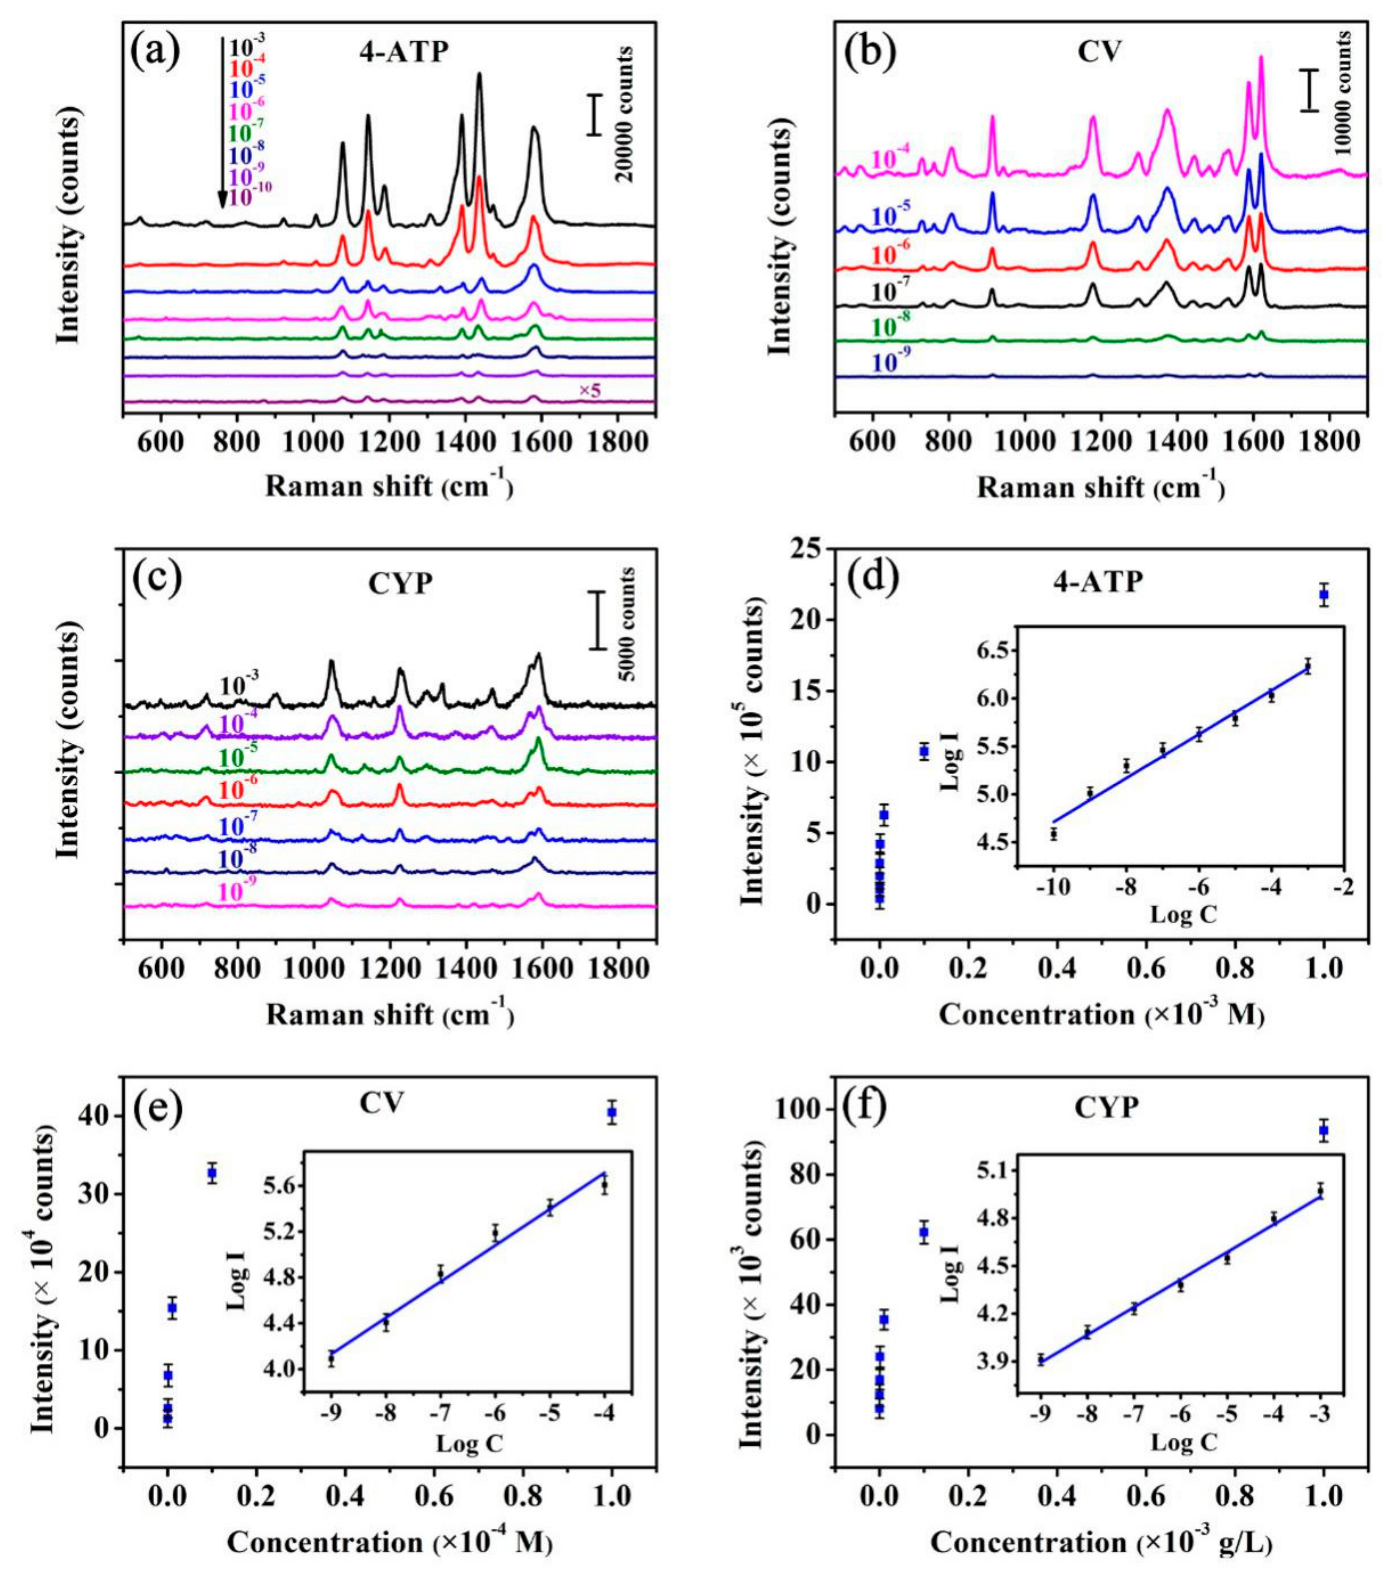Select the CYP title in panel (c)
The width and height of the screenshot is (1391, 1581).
(400, 583)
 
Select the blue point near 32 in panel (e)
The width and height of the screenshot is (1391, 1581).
(211, 1173)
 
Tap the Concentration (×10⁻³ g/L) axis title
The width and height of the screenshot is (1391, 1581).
(1102, 1543)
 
